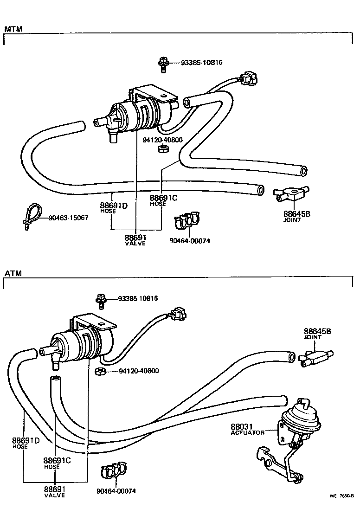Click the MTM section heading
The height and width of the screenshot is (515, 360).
pos(13,29)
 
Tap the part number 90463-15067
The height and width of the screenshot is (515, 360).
pos(68,218)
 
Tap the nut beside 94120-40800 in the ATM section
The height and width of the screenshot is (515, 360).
pos(98,371)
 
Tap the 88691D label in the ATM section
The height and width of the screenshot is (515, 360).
pos(26,440)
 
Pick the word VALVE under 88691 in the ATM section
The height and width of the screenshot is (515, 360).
pos(55,496)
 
